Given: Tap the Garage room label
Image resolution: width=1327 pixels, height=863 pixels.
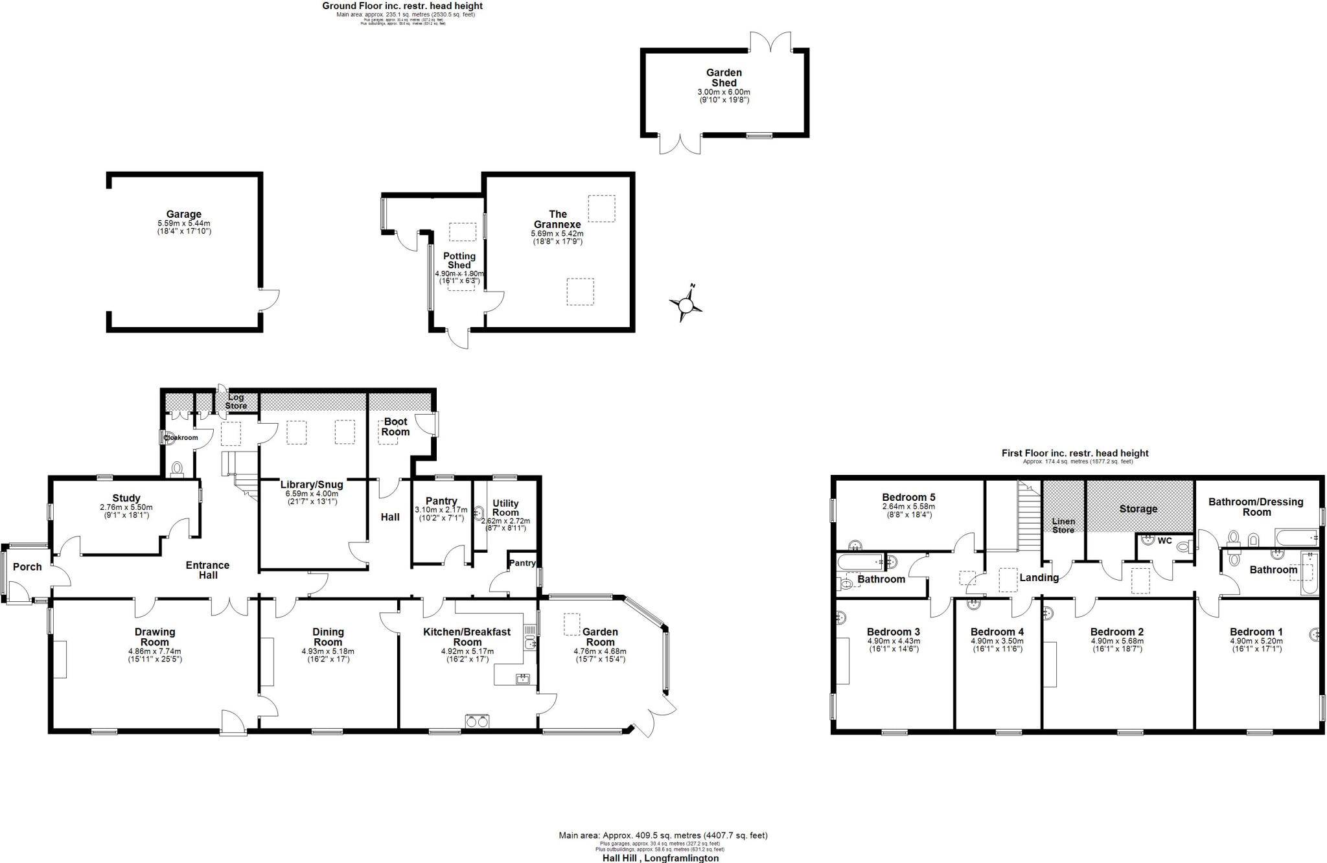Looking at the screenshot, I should click(x=183, y=214).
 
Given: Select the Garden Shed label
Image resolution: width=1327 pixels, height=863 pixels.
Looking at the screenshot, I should click(x=724, y=78).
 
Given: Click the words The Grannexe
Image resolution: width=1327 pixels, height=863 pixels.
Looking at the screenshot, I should click(x=557, y=219).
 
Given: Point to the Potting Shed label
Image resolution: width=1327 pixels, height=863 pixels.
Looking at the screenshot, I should click(x=459, y=260).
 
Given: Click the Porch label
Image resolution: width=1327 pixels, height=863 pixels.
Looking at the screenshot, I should click(x=27, y=567).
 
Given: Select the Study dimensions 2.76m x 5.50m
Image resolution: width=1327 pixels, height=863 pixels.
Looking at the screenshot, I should click(x=126, y=507).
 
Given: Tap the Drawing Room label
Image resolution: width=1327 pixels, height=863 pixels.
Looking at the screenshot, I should click(x=155, y=637).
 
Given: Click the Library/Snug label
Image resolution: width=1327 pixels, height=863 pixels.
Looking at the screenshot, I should click(x=312, y=485).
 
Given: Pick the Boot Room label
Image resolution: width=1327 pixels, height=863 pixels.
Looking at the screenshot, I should click(x=395, y=427).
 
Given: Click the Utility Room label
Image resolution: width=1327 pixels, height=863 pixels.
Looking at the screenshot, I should click(x=505, y=507).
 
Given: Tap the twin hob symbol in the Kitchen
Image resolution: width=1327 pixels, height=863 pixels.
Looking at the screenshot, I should click(x=477, y=721).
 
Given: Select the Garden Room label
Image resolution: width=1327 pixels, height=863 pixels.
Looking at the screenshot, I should click(x=600, y=637).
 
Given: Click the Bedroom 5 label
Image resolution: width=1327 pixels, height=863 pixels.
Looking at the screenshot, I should click(x=908, y=498).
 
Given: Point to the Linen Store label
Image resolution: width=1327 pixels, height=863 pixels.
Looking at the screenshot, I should click(x=1063, y=525).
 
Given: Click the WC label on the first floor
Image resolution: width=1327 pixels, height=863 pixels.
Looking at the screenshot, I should click(x=1164, y=541).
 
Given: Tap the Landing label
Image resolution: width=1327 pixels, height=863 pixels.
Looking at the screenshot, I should click(x=1039, y=578).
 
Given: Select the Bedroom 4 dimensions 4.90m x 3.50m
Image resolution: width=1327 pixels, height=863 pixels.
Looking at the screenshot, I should click(x=997, y=641).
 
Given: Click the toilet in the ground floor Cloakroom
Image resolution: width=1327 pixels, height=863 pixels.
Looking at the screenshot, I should click(x=176, y=468).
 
